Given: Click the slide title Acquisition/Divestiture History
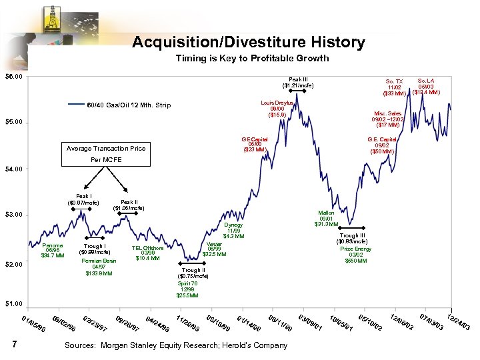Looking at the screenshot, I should (248, 43).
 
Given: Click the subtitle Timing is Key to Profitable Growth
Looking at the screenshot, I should (252, 59).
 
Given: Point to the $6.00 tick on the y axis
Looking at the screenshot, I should (14, 77).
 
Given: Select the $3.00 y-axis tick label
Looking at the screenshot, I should (14, 215).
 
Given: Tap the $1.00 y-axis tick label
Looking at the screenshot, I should (14, 305).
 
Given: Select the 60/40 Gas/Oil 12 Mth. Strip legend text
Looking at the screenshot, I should (129, 105).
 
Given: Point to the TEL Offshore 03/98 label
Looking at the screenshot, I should (147, 253).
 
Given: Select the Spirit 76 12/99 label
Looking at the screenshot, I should (187, 289).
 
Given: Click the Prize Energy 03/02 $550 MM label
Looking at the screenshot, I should (355, 255).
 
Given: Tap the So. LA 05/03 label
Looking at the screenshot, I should (426, 86).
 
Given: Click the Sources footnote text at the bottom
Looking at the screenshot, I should (176, 345).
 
